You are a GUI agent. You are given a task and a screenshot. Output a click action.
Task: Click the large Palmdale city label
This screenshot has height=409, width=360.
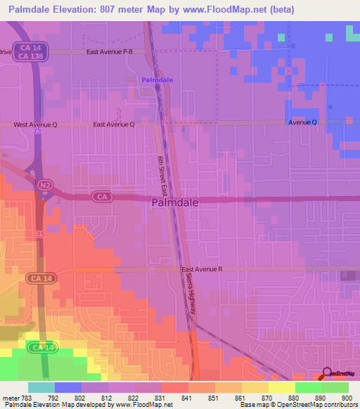click(175, 202)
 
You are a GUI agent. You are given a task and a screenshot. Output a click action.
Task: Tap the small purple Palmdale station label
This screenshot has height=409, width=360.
click(157, 81)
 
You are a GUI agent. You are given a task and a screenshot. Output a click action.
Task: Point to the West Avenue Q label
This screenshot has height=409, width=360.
click(34, 124)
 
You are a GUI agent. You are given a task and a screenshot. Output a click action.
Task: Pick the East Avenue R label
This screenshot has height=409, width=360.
click(202, 269)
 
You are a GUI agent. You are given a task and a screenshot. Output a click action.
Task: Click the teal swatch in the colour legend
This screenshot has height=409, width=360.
click(41, 387)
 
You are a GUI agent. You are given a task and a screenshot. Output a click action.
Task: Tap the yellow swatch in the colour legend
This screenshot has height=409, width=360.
click(281, 387)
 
